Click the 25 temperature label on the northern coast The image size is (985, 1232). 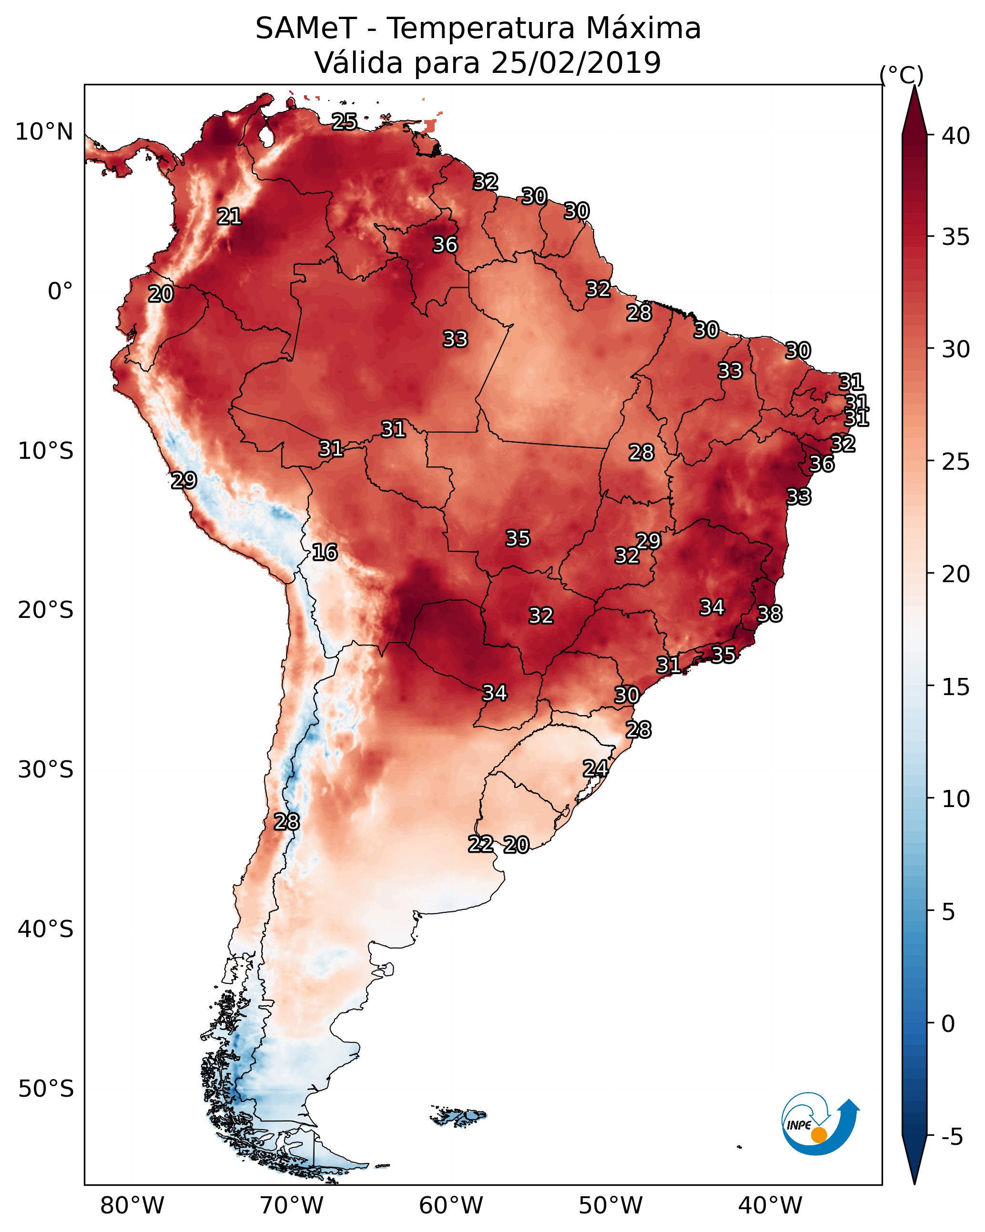coord(345,121)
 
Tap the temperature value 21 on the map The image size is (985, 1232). coord(229,217)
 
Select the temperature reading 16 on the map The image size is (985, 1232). coord(325,552)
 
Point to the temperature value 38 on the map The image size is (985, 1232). coord(770,614)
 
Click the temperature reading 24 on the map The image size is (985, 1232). coord(595,768)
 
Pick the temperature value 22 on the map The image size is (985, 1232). coord(481,844)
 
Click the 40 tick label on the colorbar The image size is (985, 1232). coord(956,136)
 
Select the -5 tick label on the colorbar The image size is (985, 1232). coord(952,1137)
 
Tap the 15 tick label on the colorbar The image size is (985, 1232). coord(956,687)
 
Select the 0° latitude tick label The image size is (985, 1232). coord(60,292)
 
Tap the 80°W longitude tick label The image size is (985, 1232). coord(132,1206)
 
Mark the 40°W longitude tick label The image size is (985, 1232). coord(770,1206)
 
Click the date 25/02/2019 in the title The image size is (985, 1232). coord(576,62)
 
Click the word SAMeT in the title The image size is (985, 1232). coord(306,28)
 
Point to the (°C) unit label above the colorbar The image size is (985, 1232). coord(901,75)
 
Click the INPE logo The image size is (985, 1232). coord(819,1124)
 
